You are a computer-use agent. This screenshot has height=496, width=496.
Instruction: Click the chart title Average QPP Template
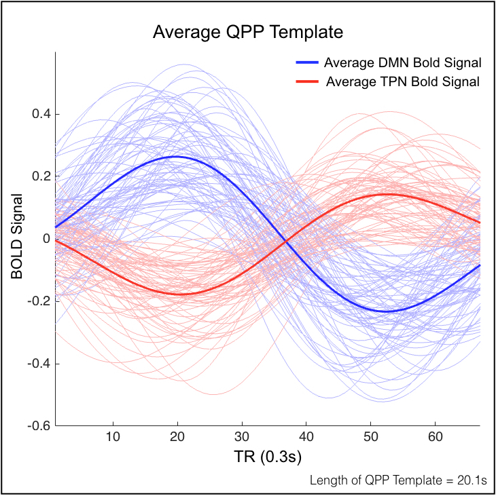247,32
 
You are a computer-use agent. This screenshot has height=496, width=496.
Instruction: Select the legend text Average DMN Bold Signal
402,63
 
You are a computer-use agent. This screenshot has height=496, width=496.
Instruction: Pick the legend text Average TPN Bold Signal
403,82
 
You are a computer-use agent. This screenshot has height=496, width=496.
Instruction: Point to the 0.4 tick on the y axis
41,114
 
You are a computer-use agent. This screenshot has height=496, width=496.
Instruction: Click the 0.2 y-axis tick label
41,176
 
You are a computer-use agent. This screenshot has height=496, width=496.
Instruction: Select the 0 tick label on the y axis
46,239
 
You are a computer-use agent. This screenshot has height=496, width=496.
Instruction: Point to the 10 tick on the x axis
113,437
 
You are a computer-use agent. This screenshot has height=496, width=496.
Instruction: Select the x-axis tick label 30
242,437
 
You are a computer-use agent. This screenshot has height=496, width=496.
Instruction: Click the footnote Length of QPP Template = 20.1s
398,480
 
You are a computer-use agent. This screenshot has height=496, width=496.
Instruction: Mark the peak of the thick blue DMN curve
176,157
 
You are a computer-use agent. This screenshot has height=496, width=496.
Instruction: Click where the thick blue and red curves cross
286,241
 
